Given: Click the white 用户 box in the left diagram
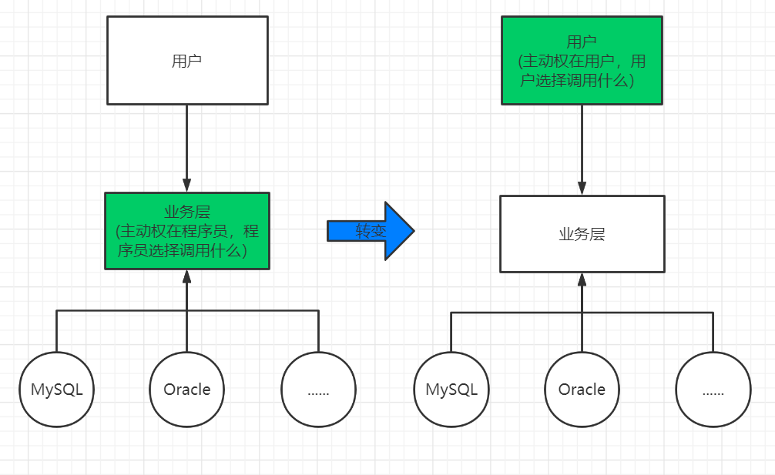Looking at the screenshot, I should tap(187, 60).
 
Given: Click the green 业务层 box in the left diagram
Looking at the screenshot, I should tap(187, 231).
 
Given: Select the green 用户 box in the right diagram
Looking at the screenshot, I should tap(582, 60).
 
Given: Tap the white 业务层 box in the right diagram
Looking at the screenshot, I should tap(582, 234).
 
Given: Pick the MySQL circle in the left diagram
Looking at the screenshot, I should tap(56, 390).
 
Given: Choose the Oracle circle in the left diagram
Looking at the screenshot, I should tap(187, 390).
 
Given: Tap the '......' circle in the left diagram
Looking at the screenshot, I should tap(318, 390).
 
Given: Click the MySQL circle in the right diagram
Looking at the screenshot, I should tap(451, 390).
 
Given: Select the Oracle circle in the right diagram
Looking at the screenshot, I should tap(582, 390).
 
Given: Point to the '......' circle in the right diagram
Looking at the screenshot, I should tap(713, 390).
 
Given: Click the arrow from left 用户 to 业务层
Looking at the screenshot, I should tap(187, 146).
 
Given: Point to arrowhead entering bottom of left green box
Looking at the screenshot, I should tap(187, 276).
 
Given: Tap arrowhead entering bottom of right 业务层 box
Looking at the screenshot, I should tap(582, 279).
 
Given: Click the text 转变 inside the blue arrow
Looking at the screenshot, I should tap(371, 231).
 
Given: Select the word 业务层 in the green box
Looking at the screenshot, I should tap(187, 212).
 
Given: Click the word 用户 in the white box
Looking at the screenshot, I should tap(187, 61).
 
